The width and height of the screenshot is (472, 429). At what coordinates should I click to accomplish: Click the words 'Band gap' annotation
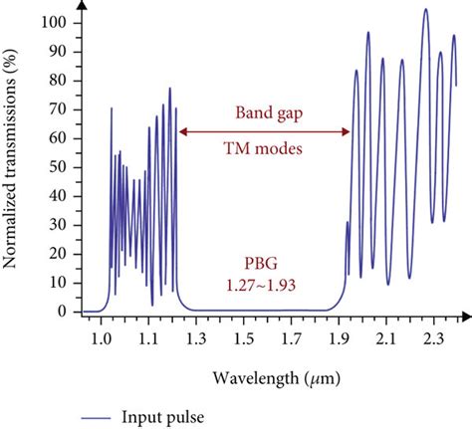(x=265, y=111)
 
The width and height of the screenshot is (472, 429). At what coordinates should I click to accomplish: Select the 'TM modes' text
(x=265, y=151)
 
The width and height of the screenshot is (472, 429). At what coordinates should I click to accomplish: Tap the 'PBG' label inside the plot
(x=265, y=264)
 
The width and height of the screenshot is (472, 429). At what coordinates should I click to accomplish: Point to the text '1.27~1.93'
(x=265, y=284)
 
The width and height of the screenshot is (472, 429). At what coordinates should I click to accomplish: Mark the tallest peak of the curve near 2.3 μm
(x=425, y=10)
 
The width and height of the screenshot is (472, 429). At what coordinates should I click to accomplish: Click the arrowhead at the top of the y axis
(x=81, y=7)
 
